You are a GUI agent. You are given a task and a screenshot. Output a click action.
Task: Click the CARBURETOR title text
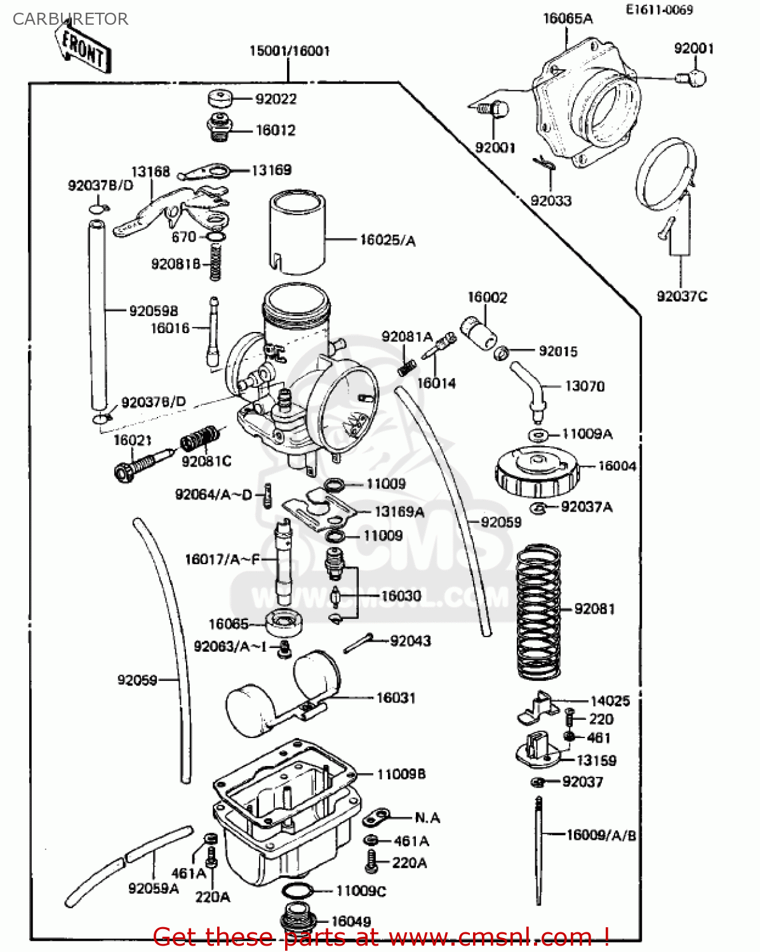click(x=70, y=19)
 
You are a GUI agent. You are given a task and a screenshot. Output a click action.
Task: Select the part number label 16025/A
click(x=387, y=240)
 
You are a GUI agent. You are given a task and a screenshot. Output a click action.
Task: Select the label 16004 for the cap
click(x=617, y=466)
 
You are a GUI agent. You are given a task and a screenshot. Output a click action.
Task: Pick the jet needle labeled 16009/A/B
click(x=538, y=850)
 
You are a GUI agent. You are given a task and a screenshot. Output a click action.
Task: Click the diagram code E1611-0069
click(x=659, y=10)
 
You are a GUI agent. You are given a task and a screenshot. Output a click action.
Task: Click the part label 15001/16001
click(x=289, y=51)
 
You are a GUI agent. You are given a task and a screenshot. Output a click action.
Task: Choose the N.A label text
click(x=427, y=817)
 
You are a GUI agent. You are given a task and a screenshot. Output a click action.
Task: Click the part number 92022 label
click(x=276, y=99)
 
